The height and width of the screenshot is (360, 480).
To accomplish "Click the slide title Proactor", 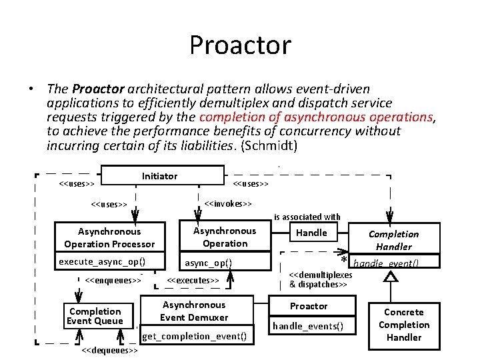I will pos(240,45).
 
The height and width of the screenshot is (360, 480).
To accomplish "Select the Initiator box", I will pos(160,176).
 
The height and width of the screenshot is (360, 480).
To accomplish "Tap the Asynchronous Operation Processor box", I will pos(109,238).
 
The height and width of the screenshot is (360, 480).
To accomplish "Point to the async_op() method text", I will pos(208,263).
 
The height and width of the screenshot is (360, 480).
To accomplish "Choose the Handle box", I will pos(311,233).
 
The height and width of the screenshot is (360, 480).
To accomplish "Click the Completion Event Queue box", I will pos(95,316).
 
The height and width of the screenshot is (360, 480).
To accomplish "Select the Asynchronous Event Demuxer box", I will pos(194,311).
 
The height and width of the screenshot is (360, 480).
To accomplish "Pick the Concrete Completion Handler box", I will pos(404,325).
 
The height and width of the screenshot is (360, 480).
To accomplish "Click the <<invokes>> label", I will pos(228,203).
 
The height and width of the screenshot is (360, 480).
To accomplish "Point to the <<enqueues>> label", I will pos(114,280).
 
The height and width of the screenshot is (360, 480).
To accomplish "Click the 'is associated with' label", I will pos(307,217).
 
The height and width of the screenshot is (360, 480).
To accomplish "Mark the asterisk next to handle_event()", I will pos(345,261).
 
